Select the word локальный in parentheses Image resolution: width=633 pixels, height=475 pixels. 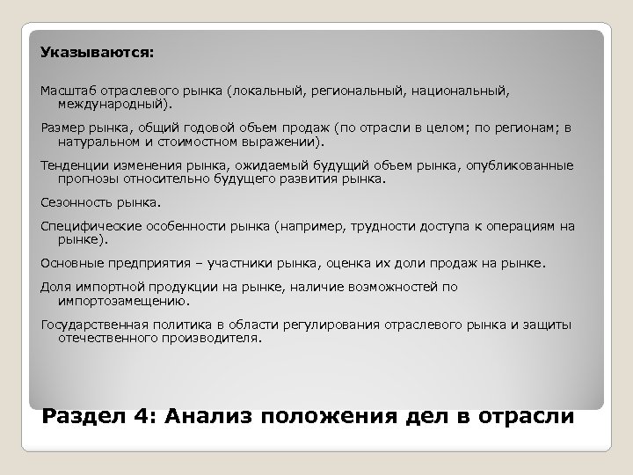coord(261,90)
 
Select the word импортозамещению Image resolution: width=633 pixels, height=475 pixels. coord(123,299)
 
